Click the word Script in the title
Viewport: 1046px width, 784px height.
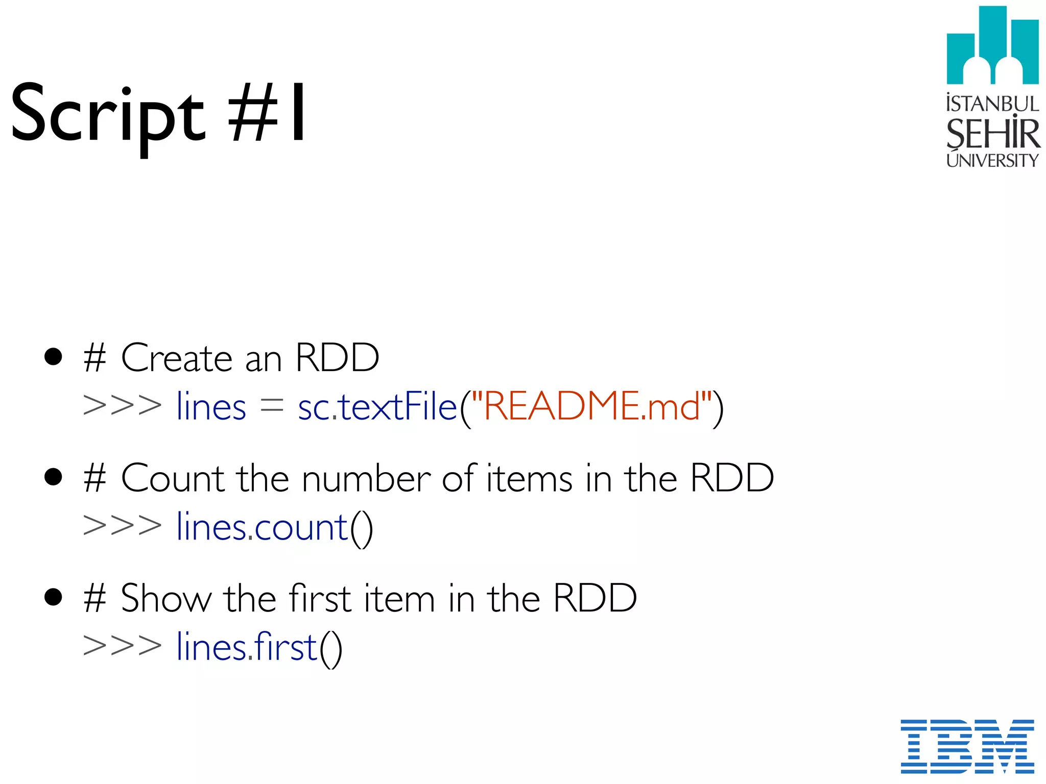click(107, 115)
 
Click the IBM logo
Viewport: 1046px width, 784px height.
click(967, 746)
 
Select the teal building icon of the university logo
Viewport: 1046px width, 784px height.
click(992, 46)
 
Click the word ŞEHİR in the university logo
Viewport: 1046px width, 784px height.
click(992, 133)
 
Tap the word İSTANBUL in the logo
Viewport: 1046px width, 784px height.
click(992, 104)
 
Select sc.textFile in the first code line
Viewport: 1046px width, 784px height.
click(377, 407)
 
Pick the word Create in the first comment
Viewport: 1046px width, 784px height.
click(176, 358)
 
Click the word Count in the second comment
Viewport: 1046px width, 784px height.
click(173, 478)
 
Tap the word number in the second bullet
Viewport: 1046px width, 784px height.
click(366, 478)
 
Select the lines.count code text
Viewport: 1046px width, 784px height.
click(262, 527)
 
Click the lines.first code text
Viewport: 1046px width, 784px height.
click(247, 647)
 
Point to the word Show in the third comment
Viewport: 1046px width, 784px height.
click(166, 598)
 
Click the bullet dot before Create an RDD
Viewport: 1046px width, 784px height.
click(53, 357)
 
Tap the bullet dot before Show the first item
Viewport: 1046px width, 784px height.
click(53, 597)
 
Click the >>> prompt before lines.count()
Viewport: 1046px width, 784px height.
click(122, 526)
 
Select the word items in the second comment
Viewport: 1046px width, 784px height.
click(529, 478)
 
